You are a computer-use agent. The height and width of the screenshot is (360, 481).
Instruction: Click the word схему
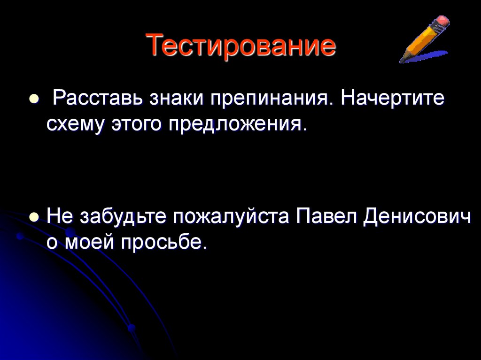pyautogui.click(x=76, y=125)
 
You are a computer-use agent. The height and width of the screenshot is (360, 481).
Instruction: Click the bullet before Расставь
pyautogui.click(x=33, y=100)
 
